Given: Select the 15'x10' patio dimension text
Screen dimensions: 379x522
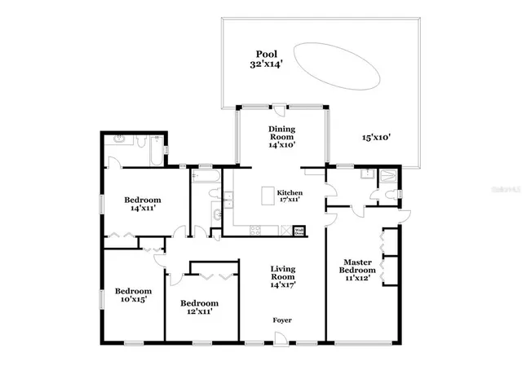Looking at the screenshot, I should point(377,138).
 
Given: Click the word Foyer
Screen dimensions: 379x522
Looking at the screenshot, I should point(282,320).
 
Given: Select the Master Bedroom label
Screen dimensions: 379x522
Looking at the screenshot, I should point(357,270).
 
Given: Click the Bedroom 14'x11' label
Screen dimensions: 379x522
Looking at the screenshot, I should point(143,204).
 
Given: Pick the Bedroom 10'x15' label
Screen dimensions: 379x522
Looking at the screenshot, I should point(132,295).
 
